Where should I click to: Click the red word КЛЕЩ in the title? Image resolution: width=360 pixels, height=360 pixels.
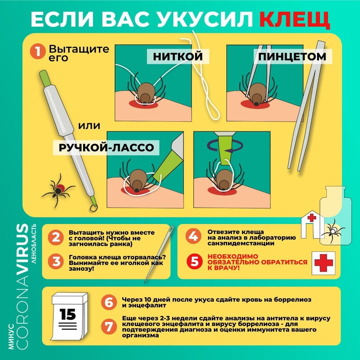(x=295, y=20)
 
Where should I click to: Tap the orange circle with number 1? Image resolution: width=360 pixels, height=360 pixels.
(x=37, y=51)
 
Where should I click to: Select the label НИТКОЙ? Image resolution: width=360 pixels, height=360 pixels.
(x=178, y=56)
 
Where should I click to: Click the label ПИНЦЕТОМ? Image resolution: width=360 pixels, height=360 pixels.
(x=292, y=57)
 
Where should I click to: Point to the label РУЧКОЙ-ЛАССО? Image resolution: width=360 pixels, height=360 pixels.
(x=106, y=148)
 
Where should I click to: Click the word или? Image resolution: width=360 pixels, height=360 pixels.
(x=89, y=126)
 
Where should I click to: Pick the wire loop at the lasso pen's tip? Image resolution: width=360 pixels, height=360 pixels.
(x=94, y=208)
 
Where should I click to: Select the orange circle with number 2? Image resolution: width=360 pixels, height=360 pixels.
(x=56, y=237)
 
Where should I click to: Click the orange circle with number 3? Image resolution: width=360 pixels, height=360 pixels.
(x=56, y=262)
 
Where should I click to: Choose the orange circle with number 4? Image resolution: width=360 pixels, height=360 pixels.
(x=193, y=236)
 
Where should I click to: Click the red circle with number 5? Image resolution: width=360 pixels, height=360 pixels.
(x=194, y=261)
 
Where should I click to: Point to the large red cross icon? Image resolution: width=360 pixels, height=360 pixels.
(x=323, y=263)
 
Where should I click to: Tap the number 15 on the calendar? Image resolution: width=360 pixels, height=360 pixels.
(x=67, y=314)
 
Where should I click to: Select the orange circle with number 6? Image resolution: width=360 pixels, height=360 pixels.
(x=109, y=302)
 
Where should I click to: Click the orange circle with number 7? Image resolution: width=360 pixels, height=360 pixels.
(x=109, y=326)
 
